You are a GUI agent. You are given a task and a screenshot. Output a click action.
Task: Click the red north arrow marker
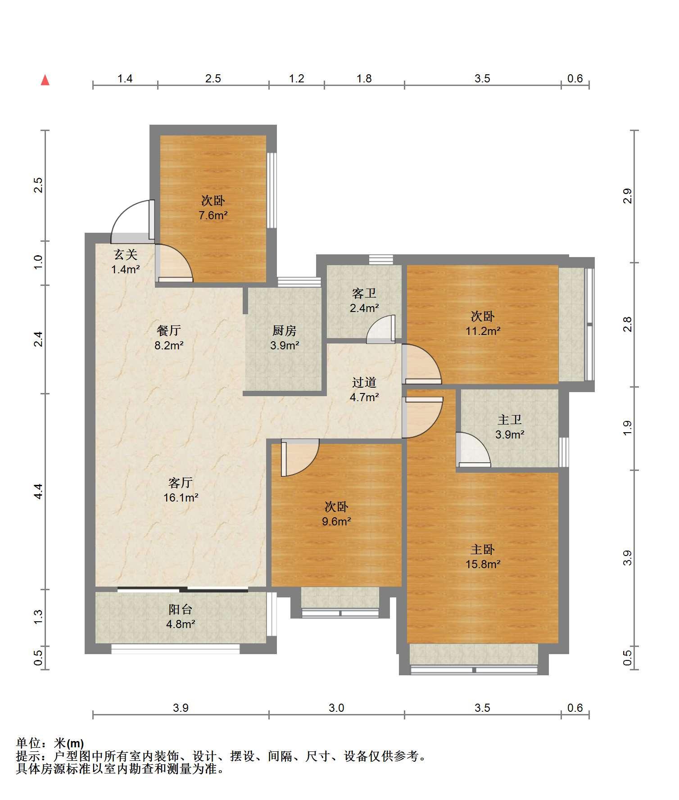45,80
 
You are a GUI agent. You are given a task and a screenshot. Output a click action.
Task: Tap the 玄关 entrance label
125,255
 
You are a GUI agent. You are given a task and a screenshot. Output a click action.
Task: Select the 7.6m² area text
213,215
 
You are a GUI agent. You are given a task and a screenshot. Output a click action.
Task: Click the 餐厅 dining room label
169,331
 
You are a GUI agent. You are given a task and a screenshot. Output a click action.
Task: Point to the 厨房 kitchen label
285,331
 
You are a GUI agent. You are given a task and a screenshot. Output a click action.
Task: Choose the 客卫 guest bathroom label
364,294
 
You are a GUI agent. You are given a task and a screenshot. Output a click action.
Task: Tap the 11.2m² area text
483,331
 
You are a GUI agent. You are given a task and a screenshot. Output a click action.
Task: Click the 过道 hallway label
364,382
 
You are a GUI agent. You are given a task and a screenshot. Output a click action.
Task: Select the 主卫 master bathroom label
510,420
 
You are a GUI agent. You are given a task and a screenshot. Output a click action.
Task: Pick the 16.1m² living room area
181,497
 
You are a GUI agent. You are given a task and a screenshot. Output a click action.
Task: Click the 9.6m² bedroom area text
336,521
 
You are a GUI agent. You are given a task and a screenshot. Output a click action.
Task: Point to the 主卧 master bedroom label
483,549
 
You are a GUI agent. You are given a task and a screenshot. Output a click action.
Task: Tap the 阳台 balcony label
181,609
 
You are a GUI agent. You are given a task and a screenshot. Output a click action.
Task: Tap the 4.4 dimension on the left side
39,491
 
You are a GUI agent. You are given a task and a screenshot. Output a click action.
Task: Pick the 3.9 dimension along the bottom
181,708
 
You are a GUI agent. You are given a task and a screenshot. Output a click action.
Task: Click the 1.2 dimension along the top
296,78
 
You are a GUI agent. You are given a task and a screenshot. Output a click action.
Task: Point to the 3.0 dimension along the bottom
336,708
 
